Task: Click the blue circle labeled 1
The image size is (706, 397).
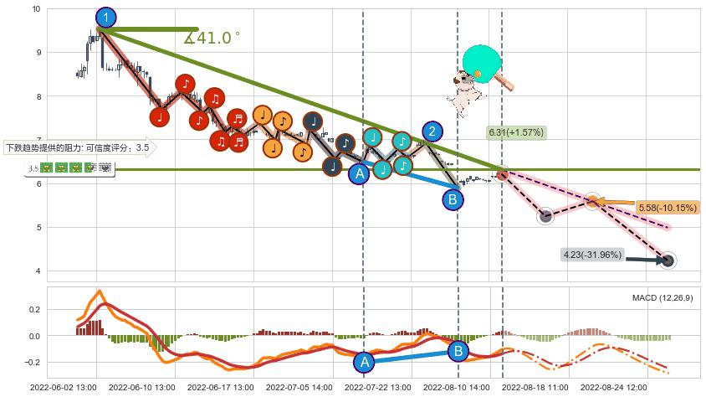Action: (105, 17)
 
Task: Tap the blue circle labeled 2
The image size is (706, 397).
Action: (432, 131)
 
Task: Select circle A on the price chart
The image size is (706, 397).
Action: (359, 174)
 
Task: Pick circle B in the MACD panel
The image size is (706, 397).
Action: (458, 351)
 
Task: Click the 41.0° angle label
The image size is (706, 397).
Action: (212, 38)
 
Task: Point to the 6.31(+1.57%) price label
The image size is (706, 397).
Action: (516, 132)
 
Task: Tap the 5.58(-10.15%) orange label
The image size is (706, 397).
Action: (668, 208)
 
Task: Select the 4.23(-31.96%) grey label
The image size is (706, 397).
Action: (591, 254)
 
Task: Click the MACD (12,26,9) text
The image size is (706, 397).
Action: (663, 298)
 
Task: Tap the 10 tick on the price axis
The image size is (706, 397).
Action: (35, 9)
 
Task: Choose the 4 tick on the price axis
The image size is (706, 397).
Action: (38, 271)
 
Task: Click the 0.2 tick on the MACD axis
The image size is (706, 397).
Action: (33, 309)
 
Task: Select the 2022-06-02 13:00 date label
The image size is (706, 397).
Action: (62, 388)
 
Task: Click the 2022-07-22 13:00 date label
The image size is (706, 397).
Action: (378, 388)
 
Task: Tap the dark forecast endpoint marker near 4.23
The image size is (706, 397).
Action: (668, 260)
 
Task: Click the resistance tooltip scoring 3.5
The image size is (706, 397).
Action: (79, 148)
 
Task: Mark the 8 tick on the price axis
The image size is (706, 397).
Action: (38, 96)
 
